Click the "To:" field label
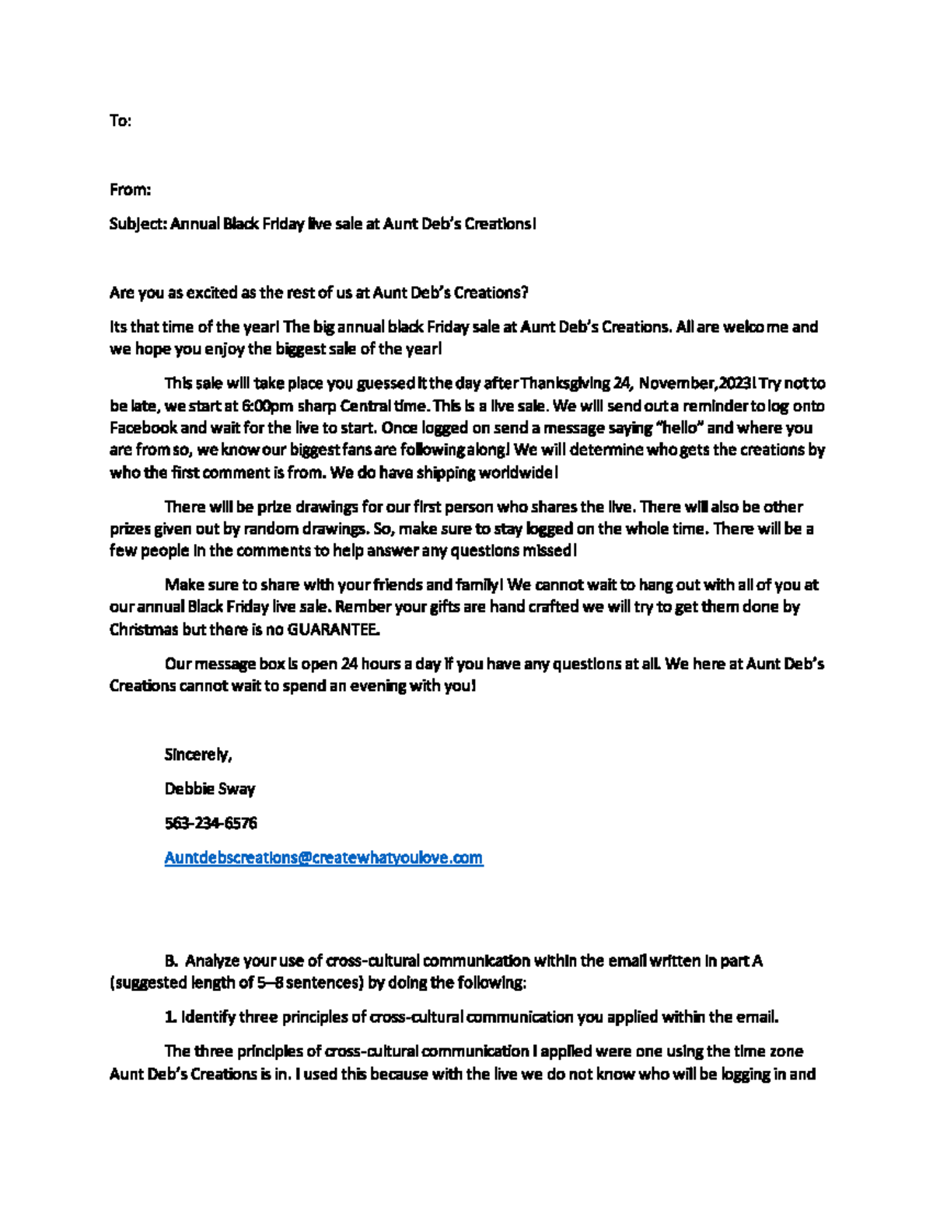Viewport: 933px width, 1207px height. (121, 121)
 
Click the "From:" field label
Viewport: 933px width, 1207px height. (130, 190)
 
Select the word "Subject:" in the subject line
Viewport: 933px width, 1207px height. (138, 225)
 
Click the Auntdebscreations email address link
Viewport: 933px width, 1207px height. (323, 857)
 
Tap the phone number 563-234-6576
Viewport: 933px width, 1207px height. (211, 823)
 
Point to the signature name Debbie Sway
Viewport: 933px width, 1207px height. (210, 789)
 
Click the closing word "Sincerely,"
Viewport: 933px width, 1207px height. (198, 755)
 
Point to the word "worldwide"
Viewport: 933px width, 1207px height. (515, 473)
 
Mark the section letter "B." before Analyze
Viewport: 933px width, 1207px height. (172, 961)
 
